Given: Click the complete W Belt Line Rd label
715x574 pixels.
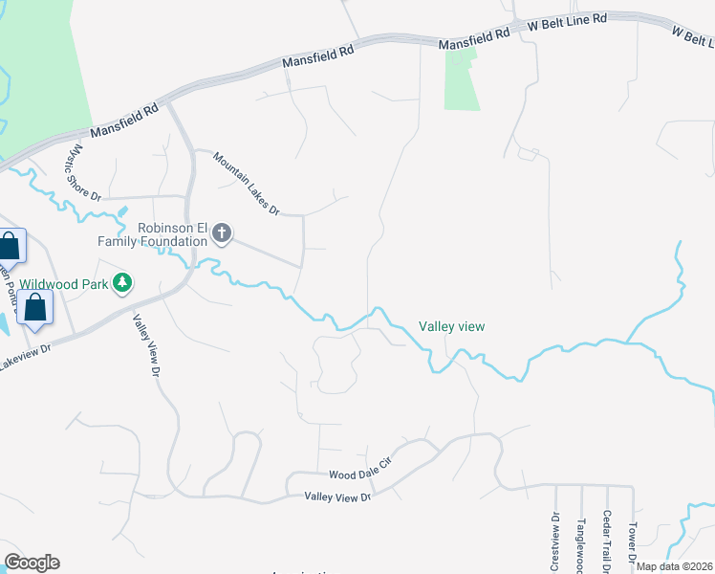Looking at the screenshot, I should (569, 21).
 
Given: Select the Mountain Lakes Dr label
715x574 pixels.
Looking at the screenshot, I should (246, 184).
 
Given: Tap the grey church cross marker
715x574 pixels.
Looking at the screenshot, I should (222, 233).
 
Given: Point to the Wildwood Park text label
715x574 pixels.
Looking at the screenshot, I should (64, 283).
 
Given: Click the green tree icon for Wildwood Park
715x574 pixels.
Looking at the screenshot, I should (122, 283).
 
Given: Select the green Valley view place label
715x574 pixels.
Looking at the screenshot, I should (451, 326).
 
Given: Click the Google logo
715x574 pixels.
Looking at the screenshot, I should (32, 563).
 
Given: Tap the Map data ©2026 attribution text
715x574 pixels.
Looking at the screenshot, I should (675, 566).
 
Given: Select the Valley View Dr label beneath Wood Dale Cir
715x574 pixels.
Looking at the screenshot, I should (336, 497).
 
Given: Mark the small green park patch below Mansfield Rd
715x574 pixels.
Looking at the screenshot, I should (463, 81).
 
